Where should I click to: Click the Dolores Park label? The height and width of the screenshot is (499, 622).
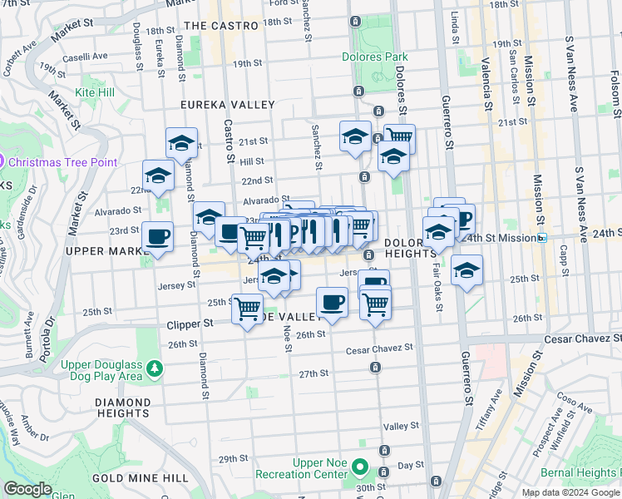pos(374,57)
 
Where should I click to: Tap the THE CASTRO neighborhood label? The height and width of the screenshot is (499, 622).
pos(221,26)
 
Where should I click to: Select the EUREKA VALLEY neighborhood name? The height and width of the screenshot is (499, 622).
pos(229,105)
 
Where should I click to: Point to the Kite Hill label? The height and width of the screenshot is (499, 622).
pos(96,91)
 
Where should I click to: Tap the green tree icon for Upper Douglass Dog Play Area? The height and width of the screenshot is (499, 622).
pos(154,367)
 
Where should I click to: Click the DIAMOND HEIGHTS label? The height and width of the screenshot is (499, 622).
pos(122,407)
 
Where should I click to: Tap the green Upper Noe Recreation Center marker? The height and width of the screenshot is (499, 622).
pos(359,468)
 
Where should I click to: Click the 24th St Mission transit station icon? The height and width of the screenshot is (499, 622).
pos(542,238)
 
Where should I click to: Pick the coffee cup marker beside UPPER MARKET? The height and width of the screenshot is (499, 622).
pos(158,237)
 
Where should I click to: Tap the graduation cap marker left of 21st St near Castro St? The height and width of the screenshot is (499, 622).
pos(181,143)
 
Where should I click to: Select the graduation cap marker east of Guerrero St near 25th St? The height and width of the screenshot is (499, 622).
pos(467,270)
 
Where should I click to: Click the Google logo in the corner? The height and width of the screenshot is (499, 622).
pos(27,489)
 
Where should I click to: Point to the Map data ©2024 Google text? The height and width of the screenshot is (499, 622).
pos(571,492)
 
